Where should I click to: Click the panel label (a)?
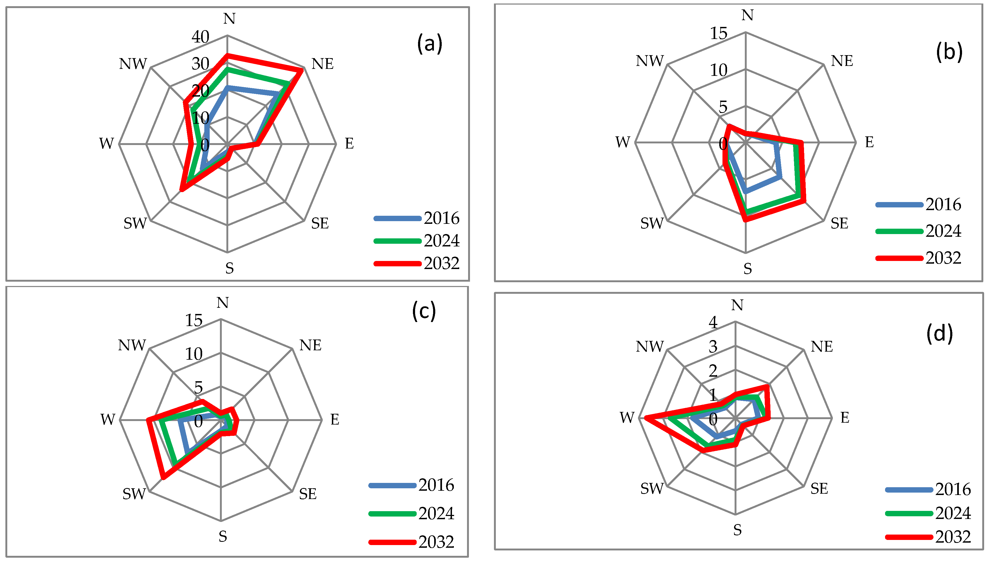(429, 44)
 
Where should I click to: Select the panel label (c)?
(423, 311)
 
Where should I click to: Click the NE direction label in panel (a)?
(322, 64)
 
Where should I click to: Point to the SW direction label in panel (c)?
(134, 494)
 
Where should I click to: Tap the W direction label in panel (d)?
(627, 417)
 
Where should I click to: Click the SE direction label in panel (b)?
(839, 223)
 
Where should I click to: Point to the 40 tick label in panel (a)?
(200, 37)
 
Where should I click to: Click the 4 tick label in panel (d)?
(713, 322)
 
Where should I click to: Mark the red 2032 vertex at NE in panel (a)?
(301, 70)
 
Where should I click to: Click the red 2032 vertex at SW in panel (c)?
(163, 477)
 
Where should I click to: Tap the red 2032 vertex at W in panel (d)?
(645, 418)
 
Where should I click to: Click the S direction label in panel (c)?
(223, 536)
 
